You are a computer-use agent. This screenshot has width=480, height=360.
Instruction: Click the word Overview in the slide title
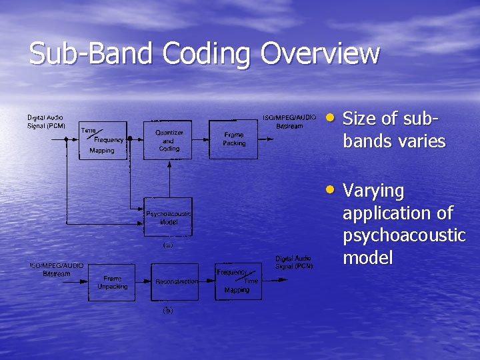point(320,54)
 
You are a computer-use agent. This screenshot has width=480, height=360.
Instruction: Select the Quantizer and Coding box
point(169,140)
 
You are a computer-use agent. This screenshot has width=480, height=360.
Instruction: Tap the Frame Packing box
point(234,139)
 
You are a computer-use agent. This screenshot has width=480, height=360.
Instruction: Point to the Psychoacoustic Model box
point(169,217)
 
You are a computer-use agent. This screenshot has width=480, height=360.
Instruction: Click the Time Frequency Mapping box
point(102,140)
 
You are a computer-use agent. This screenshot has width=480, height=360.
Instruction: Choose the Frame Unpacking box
point(112,282)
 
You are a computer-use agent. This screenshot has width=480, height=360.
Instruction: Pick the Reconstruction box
point(177,282)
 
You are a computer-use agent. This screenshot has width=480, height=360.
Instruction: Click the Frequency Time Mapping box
point(238,281)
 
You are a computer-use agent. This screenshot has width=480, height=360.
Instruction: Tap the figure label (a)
point(168,245)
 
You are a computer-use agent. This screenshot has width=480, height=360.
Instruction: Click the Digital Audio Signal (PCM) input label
point(46,121)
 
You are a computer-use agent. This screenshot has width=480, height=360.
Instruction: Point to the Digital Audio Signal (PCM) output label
point(294,262)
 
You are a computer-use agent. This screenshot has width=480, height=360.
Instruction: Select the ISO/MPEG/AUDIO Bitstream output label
point(289,121)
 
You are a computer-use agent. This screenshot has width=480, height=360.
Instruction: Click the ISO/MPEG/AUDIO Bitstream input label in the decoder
point(57,269)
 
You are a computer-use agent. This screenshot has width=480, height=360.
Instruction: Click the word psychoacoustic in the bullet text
point(403,235)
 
